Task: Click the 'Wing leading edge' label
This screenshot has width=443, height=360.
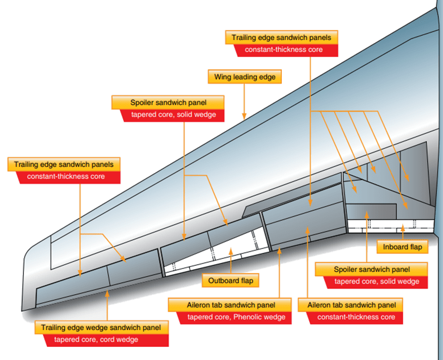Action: click(245, 77)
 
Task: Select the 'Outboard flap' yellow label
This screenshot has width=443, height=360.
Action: click(231, 281)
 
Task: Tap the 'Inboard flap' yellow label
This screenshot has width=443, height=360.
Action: click(402, 246)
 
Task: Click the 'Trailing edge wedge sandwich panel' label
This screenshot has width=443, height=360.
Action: click(102, 327)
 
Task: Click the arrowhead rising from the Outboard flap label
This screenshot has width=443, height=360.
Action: click(231, 251)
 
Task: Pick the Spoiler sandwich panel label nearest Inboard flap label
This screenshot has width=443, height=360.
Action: click(372, 269)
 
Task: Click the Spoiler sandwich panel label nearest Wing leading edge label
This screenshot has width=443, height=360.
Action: click(169, 102)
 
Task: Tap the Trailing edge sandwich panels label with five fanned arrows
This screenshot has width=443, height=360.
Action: click(281, 38)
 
